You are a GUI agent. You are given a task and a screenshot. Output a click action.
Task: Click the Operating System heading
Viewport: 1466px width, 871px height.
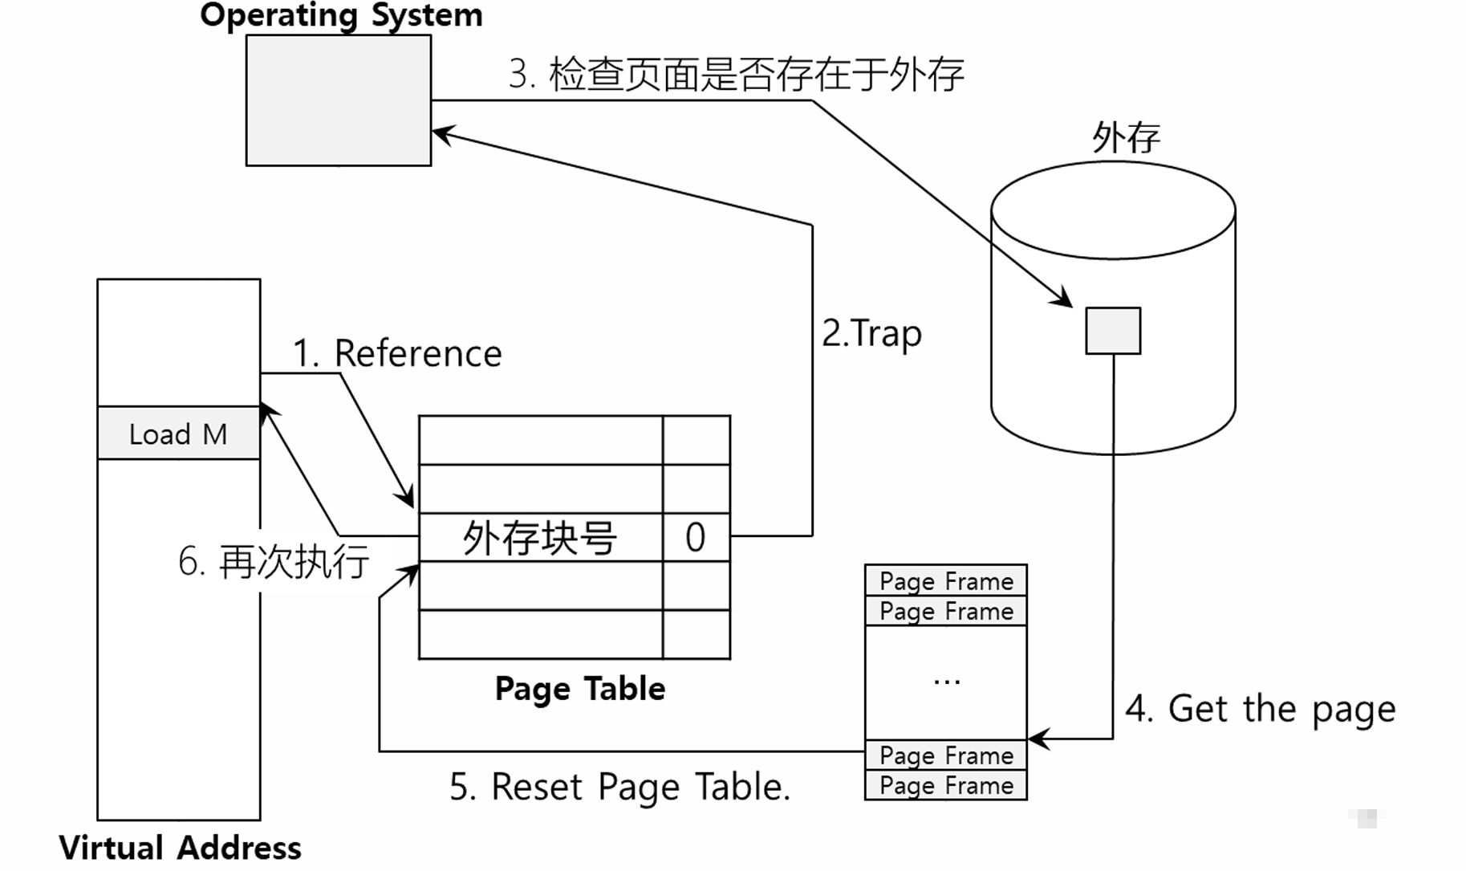pos(341,16)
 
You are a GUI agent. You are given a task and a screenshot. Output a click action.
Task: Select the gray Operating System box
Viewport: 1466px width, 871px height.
pos(338,101)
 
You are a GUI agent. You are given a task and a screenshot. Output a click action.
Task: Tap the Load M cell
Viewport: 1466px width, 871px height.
pos(178,433)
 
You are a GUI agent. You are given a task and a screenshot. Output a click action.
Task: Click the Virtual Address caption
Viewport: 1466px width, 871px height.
pos(180,848)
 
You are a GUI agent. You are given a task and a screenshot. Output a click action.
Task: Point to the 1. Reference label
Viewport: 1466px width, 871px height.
pos(397,353)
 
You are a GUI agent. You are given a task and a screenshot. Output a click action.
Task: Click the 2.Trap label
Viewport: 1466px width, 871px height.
pos(871,333)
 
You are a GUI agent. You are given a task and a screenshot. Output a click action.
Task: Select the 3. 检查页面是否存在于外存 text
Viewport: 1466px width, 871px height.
pos(736,75)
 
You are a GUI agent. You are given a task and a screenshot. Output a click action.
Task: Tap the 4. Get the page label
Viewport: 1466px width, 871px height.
pos(1260,709)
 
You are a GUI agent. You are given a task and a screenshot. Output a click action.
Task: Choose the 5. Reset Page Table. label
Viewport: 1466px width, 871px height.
pos(619,787)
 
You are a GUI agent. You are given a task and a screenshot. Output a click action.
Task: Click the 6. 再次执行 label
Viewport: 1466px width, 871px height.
pos(274,561)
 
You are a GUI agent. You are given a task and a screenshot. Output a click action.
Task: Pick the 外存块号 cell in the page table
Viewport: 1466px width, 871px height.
pos(540,537)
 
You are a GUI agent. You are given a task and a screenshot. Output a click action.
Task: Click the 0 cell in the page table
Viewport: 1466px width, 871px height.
pos(696,537)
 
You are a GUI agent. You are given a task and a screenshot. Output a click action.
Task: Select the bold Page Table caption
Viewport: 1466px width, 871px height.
pos(579,689)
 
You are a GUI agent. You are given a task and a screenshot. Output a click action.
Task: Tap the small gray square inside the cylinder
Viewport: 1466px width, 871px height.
pos(1113,330)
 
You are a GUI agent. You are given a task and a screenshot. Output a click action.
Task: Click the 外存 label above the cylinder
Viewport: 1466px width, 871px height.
pos(1126,137)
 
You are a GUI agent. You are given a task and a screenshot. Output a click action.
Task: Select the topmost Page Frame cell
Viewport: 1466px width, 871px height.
pos(946,580)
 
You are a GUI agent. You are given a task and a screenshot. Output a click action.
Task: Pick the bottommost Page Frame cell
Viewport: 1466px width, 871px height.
pos(946,785)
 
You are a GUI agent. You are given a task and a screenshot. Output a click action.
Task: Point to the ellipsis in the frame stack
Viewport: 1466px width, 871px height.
pos(947,682)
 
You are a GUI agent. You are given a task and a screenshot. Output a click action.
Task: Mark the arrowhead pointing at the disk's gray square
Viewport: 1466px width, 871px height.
pos(1065,299)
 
